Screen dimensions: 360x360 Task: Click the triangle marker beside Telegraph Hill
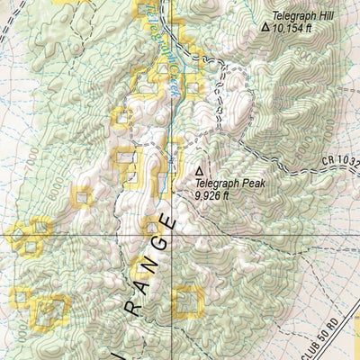pyautogui.click(x=265, y=28)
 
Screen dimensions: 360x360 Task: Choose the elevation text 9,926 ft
pyautogui.click(x=214, y=192)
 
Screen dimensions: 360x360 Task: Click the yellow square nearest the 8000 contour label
pyautogui.click(x=83, y=195)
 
